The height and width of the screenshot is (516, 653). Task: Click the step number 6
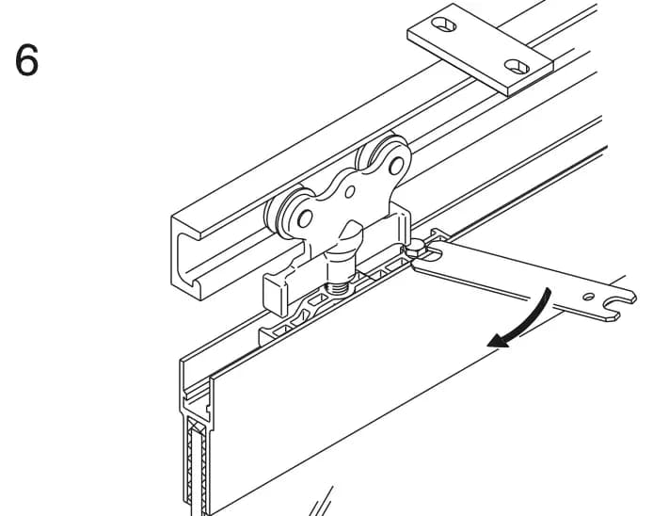[x=26, y=60]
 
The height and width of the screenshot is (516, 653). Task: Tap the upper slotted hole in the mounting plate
[x=443, y=24]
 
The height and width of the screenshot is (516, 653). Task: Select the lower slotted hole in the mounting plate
[x=517, y=66]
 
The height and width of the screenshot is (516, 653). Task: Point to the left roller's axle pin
[x=305, y=218]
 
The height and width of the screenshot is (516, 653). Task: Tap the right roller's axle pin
[x=396, y=166]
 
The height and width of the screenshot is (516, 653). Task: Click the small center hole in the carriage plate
[x=350, y=192]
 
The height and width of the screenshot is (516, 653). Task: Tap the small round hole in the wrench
[x=588, y=297]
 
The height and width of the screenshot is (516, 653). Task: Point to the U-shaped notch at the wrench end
[x=613, y=305]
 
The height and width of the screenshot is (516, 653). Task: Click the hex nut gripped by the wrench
[x=416, y=250]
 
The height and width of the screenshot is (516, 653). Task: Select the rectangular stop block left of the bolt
[x=275, y=295]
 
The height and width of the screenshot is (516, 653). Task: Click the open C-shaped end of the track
[x=186, y=258]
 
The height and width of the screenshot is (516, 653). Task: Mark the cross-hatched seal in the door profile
[x=197, y=467]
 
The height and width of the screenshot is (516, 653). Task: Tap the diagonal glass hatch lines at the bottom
[x=321, y=502]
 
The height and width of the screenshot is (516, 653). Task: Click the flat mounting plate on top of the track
[x=480, y=49]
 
